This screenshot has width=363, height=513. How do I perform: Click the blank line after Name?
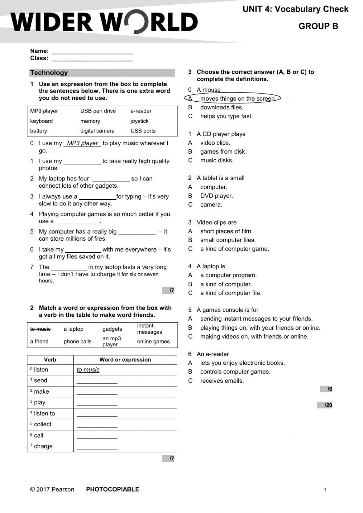click(x=93, y=52)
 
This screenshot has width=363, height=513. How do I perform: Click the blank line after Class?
click(x=93, y=59)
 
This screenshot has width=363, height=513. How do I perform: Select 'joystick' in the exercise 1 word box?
click(x=139, y=121)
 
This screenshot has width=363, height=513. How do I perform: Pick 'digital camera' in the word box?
click(x=97, y=131)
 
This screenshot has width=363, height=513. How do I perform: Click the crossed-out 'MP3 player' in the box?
click(x=44, y=111)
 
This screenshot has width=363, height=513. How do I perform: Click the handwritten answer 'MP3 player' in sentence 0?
click(x=82, y=143)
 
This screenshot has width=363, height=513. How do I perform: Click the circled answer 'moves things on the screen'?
click(x=237, y=98)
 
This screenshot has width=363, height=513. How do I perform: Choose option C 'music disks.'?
click(x=217, y=160)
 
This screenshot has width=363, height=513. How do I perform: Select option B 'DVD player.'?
click(x=216, y=196)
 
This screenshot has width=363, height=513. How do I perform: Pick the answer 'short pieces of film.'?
click(x=226, y=231)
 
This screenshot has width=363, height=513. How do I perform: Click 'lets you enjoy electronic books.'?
click(x=242, y=363)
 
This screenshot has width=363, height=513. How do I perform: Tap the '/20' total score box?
click(x=325, y=405)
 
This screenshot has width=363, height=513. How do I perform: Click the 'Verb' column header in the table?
click(x=50, y=359)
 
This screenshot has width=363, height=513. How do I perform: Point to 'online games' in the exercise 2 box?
click(x=153, y=341)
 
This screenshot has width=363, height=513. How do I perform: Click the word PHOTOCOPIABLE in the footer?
click(x=113, y=489)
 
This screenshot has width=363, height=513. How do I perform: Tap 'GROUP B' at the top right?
click(x=318, y=26)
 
